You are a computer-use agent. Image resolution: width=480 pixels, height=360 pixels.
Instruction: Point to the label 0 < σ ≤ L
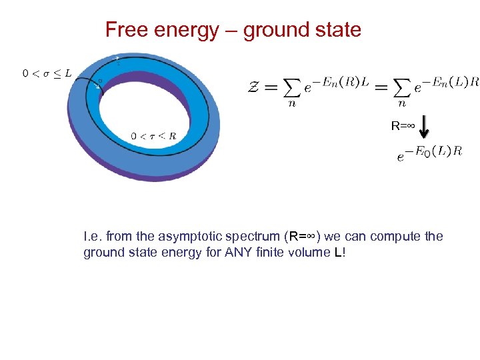pyautogui.click(x=46, y=73)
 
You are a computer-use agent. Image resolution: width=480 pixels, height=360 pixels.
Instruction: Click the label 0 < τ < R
pyautogui.click(x=153, y=136)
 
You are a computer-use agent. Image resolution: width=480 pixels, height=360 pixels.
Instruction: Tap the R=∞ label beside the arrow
pyautogui.click(x=403, y=125)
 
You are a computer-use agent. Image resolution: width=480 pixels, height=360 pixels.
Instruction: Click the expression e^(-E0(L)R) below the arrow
pyautogui.click(x=429, y=153)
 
